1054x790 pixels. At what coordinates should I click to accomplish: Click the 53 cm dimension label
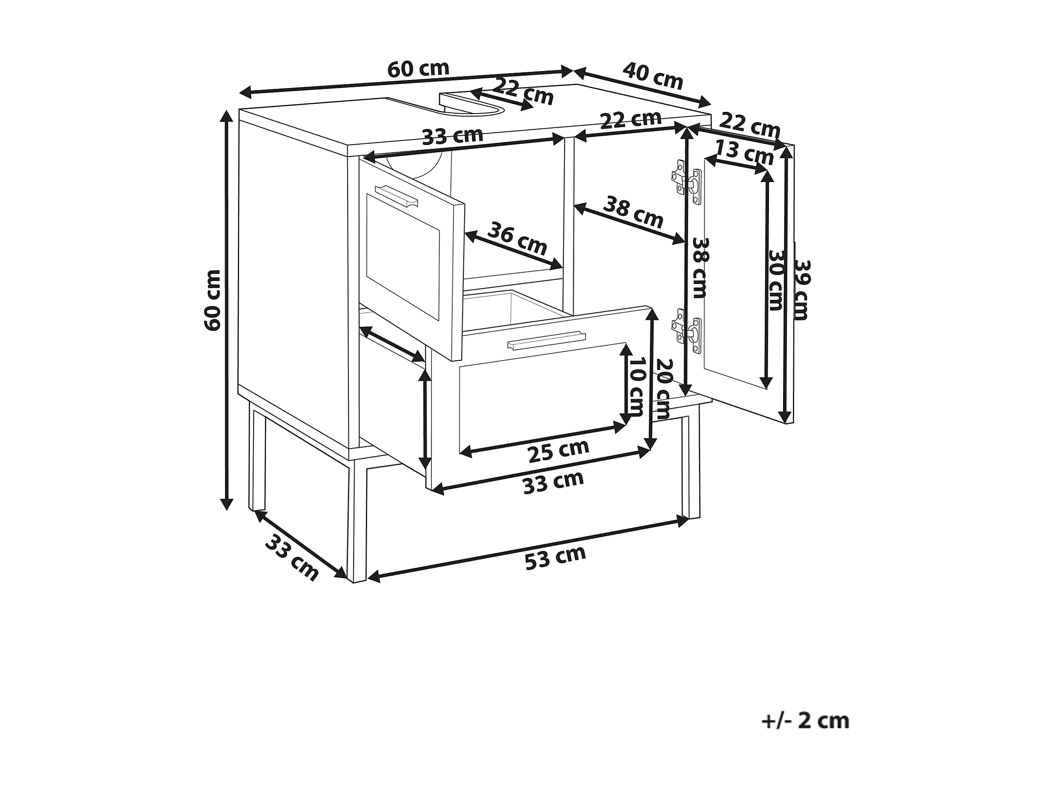click(555, 558)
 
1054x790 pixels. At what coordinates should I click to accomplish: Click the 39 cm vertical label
click(802, 290)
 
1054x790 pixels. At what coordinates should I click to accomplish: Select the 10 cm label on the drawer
click(636, 387)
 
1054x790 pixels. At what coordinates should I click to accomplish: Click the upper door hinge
click(686, 183)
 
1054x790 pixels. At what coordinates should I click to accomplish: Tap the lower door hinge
click(686, 331)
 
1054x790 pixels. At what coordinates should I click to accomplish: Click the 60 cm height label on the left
click(212, 300)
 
